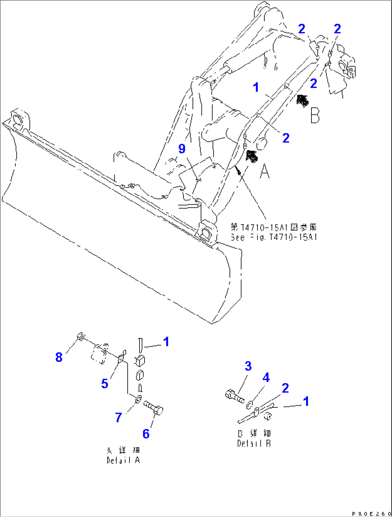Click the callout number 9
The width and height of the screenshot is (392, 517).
tap(182, 148)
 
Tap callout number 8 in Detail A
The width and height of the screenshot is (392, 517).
tap(59, 357)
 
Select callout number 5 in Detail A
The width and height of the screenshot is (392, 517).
tap(105, 383)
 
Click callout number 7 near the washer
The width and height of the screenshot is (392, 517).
tap(119, 417)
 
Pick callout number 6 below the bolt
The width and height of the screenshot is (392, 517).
tap(146, 433)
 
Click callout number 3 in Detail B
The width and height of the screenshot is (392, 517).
tap(248, 366)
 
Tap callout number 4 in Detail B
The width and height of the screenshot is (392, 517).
tap(266, 378)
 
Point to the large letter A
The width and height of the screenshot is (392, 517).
tap(265, 171)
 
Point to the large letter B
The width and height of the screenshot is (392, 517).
tap(315, 116)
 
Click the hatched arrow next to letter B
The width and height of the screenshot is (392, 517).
tap(302, 101)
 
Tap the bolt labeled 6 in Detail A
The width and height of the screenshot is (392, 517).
tap(154, 408)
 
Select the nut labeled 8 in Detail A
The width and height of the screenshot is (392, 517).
tap(81, 337)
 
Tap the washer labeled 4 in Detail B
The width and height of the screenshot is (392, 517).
tap(249, 406)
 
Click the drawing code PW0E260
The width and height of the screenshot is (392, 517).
tap(372, 514)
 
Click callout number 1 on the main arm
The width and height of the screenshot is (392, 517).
tap(256, 87)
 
